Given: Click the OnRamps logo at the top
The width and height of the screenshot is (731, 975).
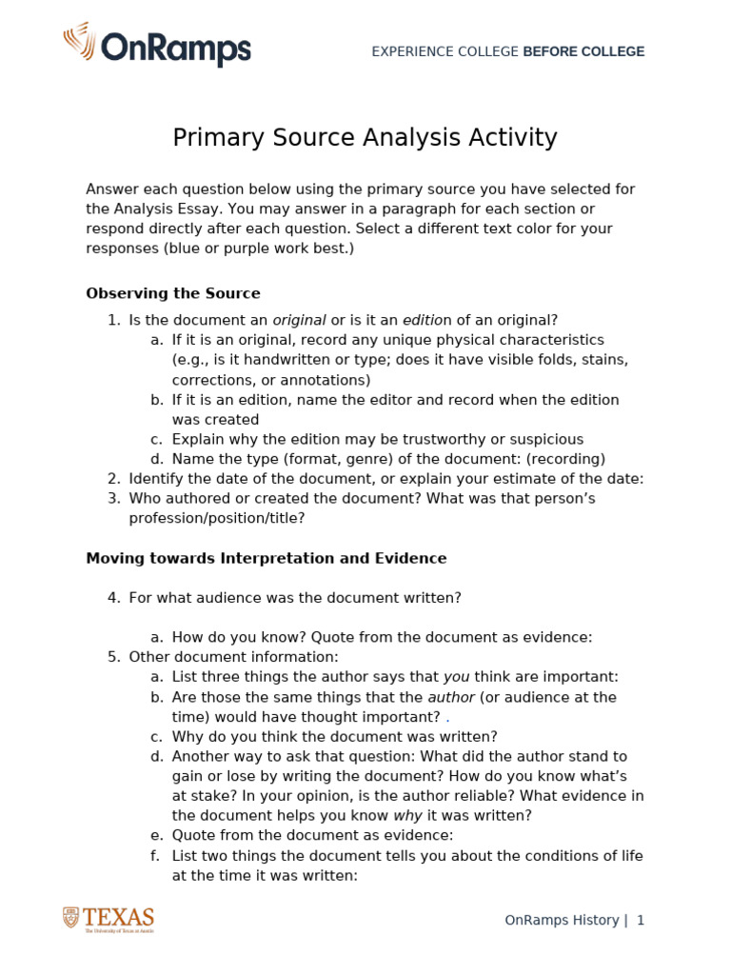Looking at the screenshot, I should point(157,45).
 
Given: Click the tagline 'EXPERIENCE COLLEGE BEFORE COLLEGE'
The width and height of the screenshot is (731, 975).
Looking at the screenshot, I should point(507,51).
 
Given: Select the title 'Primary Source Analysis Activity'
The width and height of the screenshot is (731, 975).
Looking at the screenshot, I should point(365,138).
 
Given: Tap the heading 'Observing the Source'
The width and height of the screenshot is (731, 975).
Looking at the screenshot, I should point(172,293).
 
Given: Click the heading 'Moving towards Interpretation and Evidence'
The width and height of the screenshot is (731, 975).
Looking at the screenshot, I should point(266,558).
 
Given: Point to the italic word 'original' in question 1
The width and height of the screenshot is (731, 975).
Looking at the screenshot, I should point(299,320).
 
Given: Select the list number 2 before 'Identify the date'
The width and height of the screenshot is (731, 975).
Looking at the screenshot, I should point(113,479).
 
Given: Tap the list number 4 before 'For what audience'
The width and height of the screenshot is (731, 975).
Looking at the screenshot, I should point(113,598).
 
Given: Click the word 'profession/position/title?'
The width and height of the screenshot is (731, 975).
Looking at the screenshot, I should point(217,518).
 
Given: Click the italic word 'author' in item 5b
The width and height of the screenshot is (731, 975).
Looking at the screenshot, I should point(451,697).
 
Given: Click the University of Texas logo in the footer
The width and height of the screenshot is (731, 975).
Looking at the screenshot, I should point(109,919).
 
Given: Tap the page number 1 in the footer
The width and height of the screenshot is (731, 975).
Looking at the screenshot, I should point(641,921).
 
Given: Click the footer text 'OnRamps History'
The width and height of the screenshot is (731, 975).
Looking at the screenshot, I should point(562,921).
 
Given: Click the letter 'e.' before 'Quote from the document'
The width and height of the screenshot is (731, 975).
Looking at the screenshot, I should point(156,835).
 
